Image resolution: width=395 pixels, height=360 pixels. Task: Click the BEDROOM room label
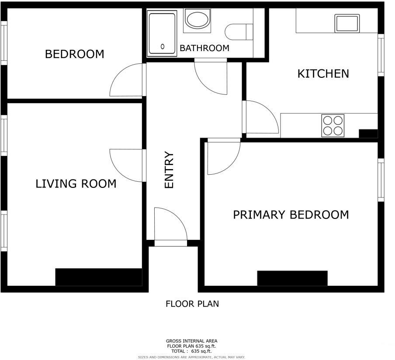[x=75, y=54]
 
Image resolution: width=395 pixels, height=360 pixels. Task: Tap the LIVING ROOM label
[x=76, y=183]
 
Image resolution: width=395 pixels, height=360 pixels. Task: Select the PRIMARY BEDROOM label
[x=291, y=215]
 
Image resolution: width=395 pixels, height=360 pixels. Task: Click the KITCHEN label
[x=323, y=73]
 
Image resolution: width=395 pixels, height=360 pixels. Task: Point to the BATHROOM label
[x=204, y=48]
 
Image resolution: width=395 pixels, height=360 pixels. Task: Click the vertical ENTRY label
[x=169, y=170]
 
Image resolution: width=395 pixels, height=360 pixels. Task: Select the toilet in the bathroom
[x=239, y=31]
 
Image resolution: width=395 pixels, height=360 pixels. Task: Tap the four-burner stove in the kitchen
[x=333, y=125]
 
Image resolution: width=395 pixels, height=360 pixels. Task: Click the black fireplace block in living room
[x=99, y=277]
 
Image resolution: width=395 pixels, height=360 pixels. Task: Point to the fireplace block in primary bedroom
[x=292, y=278]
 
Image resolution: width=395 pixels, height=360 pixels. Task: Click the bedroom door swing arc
[x=127, y=81]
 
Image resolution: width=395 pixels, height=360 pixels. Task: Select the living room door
[x=127, y=165]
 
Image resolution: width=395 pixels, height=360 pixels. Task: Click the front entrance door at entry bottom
[x=170, y=225]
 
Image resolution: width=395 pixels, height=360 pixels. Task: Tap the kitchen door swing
[x=261, y=117]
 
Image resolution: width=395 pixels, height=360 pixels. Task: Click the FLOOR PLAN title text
[x=192, y=304]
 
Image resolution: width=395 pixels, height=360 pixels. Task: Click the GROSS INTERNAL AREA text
[x=191, y=341]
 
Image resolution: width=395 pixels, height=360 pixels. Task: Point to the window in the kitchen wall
[x=381, y=55]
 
